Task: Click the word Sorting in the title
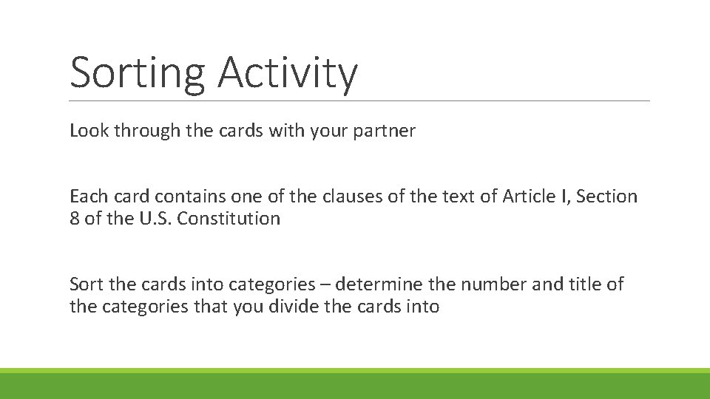pos(137,74)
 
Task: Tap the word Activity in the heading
pos(288,74)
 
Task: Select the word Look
pos(88,132)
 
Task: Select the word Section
pos(606,197)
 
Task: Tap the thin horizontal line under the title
pos(359,101)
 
